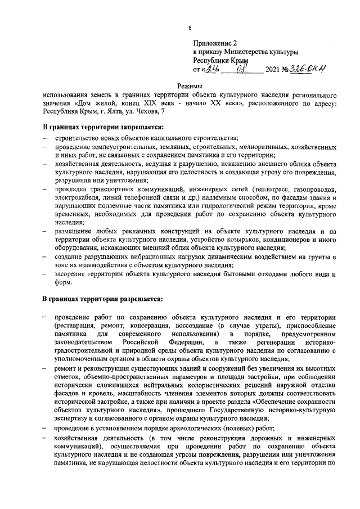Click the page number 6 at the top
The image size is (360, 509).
click(190, 28)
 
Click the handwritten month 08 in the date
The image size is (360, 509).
click(242, 70)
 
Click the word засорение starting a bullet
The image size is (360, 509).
click(72, 274)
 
